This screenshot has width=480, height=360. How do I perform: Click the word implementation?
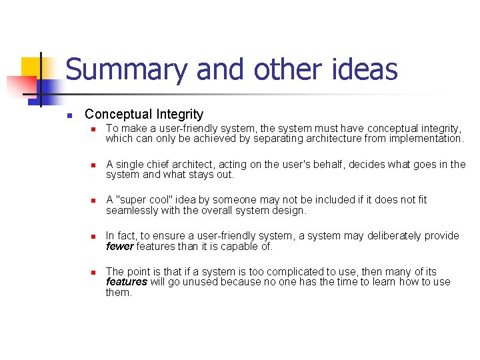(x=423, y=139)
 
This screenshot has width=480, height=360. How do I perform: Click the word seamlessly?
(x=133, y=211)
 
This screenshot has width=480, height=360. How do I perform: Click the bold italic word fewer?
(x=120, y=247)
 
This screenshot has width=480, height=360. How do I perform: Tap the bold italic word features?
(x=127, y=282)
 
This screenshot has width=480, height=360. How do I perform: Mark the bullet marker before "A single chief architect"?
(x=95, y=165)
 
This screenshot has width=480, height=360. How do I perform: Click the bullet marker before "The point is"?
(x=95, y=272)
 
